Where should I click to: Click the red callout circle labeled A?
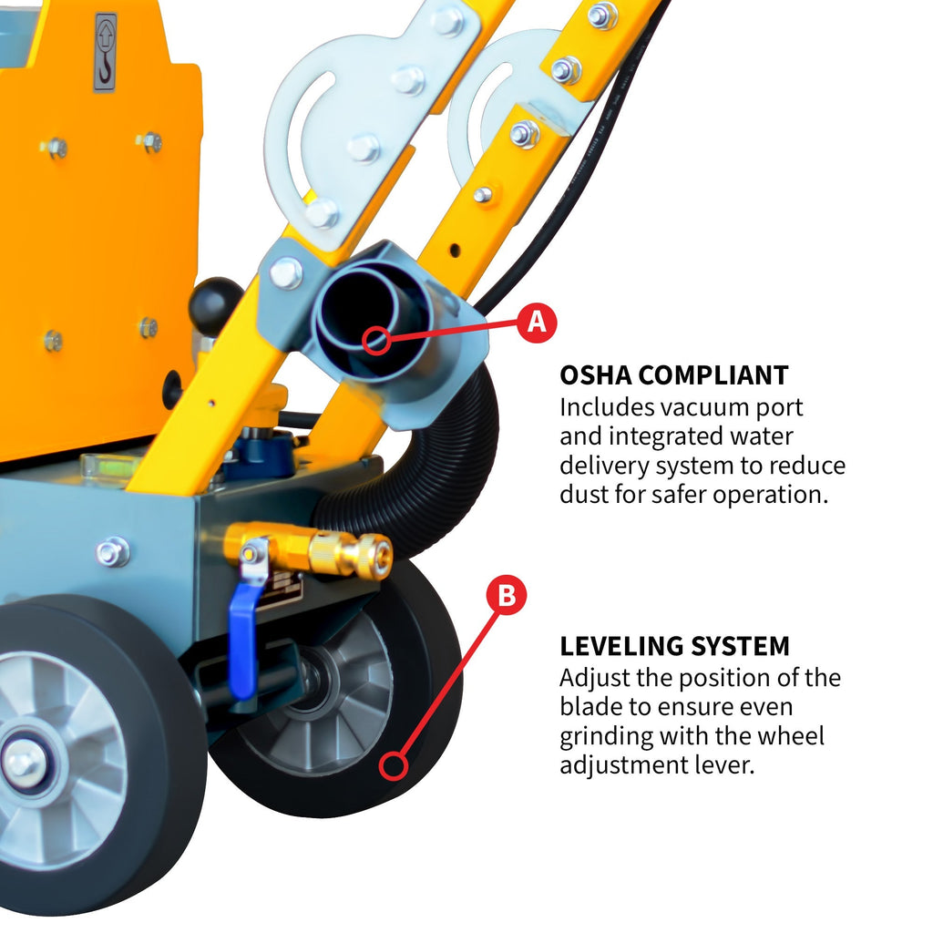[x=537, y=322]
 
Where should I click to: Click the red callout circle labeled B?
[x=507, y=597]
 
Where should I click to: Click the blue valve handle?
[x=243, y=638]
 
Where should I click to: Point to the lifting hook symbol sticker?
[x=106, y=52]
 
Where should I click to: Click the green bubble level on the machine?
[x=109, y=465]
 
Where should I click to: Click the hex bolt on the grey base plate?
[x=113, y=551]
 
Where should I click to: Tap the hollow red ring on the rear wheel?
[x=394, y=765]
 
